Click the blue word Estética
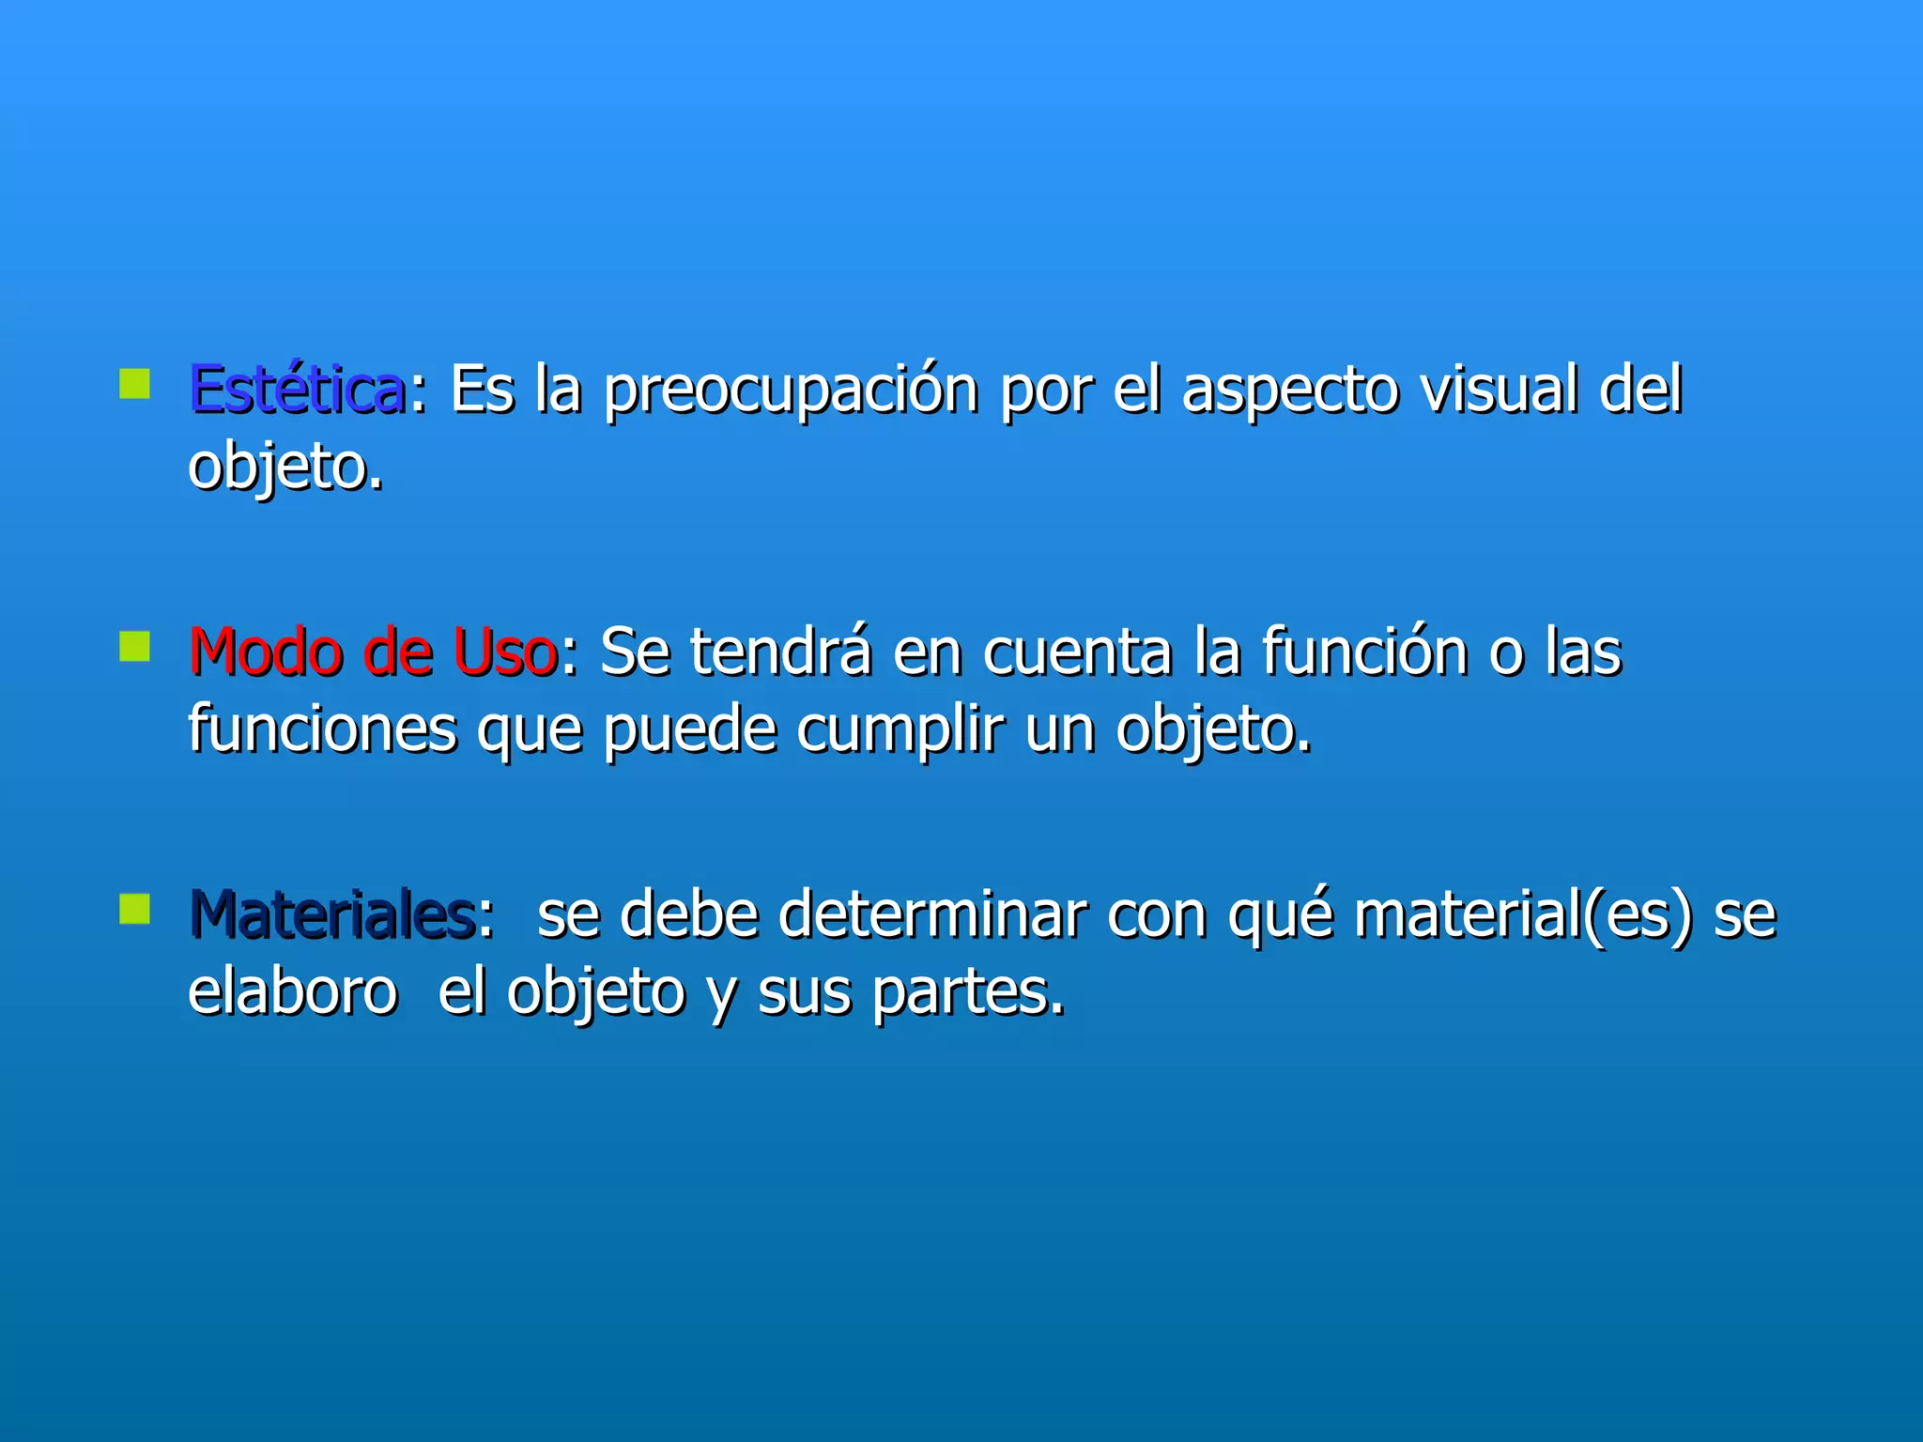click(297, 390)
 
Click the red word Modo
click(266, 652)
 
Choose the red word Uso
click(505, 652)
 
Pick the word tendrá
click(780, 652)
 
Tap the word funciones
click(322, 729)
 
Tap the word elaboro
click(292, 991)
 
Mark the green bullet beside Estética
click(135, 384)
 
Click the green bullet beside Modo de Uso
click(135, 646)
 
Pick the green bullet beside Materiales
click(135, 908)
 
